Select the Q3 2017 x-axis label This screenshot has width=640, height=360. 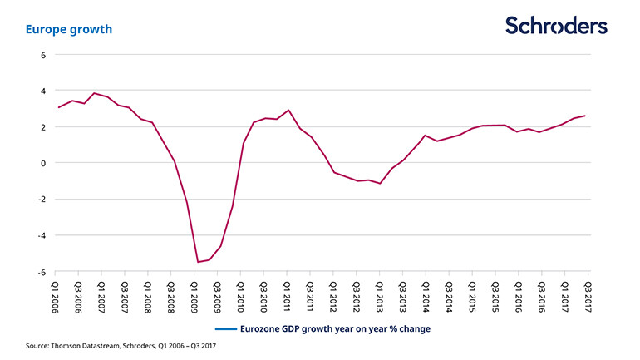click(x=588, y=293)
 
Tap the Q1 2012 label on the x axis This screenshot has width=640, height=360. click(x=333, y=293)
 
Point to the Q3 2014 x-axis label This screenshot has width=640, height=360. click(x=450, y=293)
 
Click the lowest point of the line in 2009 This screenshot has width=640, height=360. click(x=198, y=262)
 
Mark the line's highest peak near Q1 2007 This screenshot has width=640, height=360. click(x=94, y=93)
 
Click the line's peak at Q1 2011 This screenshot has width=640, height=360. click(x=288, y=110)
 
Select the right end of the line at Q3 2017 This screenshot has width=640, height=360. click(x=585, y=116)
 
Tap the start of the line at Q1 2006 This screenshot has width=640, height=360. click(x=58, y=107)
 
